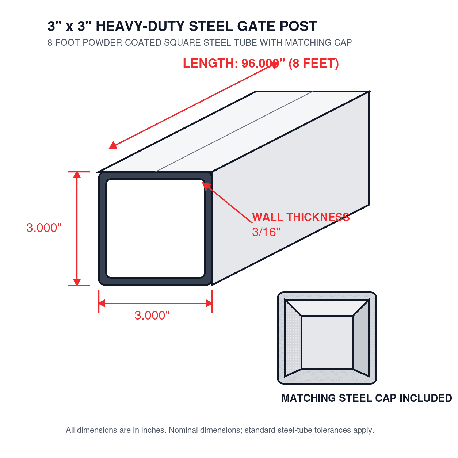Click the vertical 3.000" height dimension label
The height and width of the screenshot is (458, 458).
(x=44, y=228)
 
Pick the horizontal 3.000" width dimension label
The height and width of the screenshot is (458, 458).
(x=152, y=316)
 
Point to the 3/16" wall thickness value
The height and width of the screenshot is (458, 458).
(x=266, y=232)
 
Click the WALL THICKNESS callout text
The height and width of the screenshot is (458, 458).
(x=301, y=217)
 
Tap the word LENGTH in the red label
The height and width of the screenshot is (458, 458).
(x=210, y=63)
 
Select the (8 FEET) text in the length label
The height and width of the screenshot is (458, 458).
(x=313, y=64)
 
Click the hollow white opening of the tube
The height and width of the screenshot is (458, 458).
(x=156, y=228)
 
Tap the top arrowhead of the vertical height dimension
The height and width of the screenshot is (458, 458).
(x=77, y=175)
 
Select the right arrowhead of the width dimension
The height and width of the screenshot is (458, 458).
(x=209, y=303)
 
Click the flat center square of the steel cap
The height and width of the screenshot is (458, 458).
(x=327, y=342)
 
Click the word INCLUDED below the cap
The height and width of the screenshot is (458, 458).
(x=425, y=398)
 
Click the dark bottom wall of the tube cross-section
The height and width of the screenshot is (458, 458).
(x=155, y=281)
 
